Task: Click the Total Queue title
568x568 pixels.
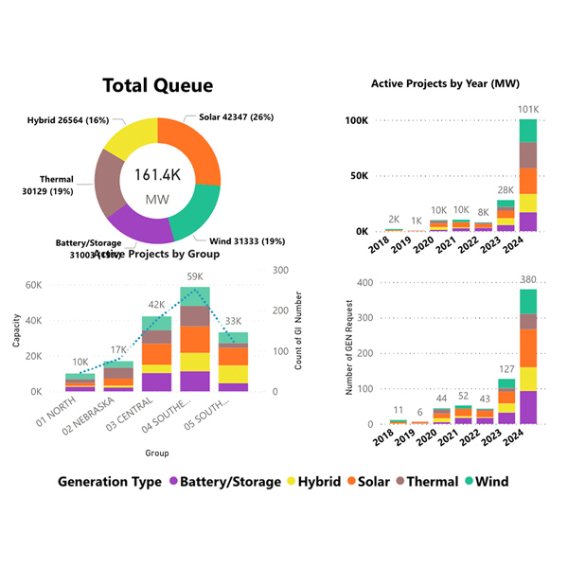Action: (x=158, y=86)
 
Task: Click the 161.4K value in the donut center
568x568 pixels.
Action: (x=158, y=175)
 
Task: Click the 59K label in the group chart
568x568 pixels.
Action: (x=194, y=277)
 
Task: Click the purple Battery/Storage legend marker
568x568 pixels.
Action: (x=174, y=482)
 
